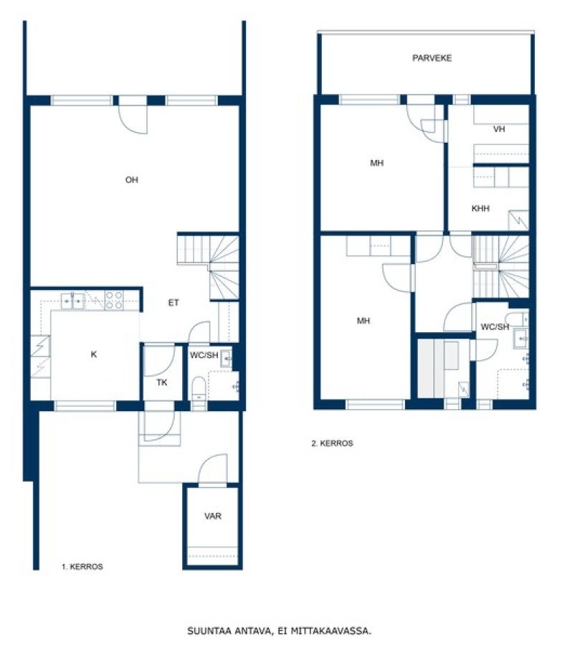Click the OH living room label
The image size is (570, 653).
coord(131,180)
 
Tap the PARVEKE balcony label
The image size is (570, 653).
coord(432,58)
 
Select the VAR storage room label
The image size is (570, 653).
coord(213,517)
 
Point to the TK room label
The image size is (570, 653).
coord(162,382)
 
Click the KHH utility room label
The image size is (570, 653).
coord(480,208)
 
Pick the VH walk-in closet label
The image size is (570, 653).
coord(499,129)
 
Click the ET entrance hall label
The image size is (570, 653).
coord(174,303)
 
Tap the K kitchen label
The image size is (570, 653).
coord(94,354)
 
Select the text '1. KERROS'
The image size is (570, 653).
coord(82,566)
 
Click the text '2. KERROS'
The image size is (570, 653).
coord(333,443)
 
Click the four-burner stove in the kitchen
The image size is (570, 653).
coord(113,300)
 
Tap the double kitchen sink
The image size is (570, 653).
coord(73,301)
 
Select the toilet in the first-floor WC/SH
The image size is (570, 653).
coord(199,388)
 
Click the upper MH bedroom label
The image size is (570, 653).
coord(377,163)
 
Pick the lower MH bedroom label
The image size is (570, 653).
coord(364,321)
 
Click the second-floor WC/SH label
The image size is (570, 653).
coord(495,327)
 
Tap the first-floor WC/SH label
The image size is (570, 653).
coord(204,355)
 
